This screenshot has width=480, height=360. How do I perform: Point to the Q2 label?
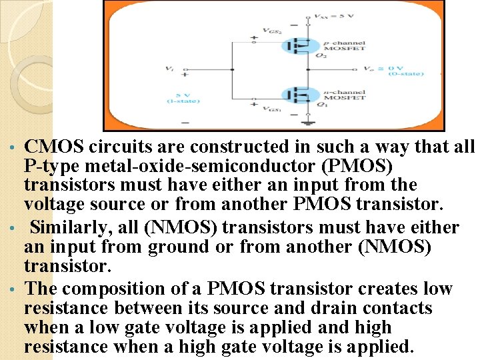tap(321, 55)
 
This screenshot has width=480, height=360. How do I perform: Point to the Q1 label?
tap(321, 105)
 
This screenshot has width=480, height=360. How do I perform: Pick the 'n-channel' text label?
tap(348, 91)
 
